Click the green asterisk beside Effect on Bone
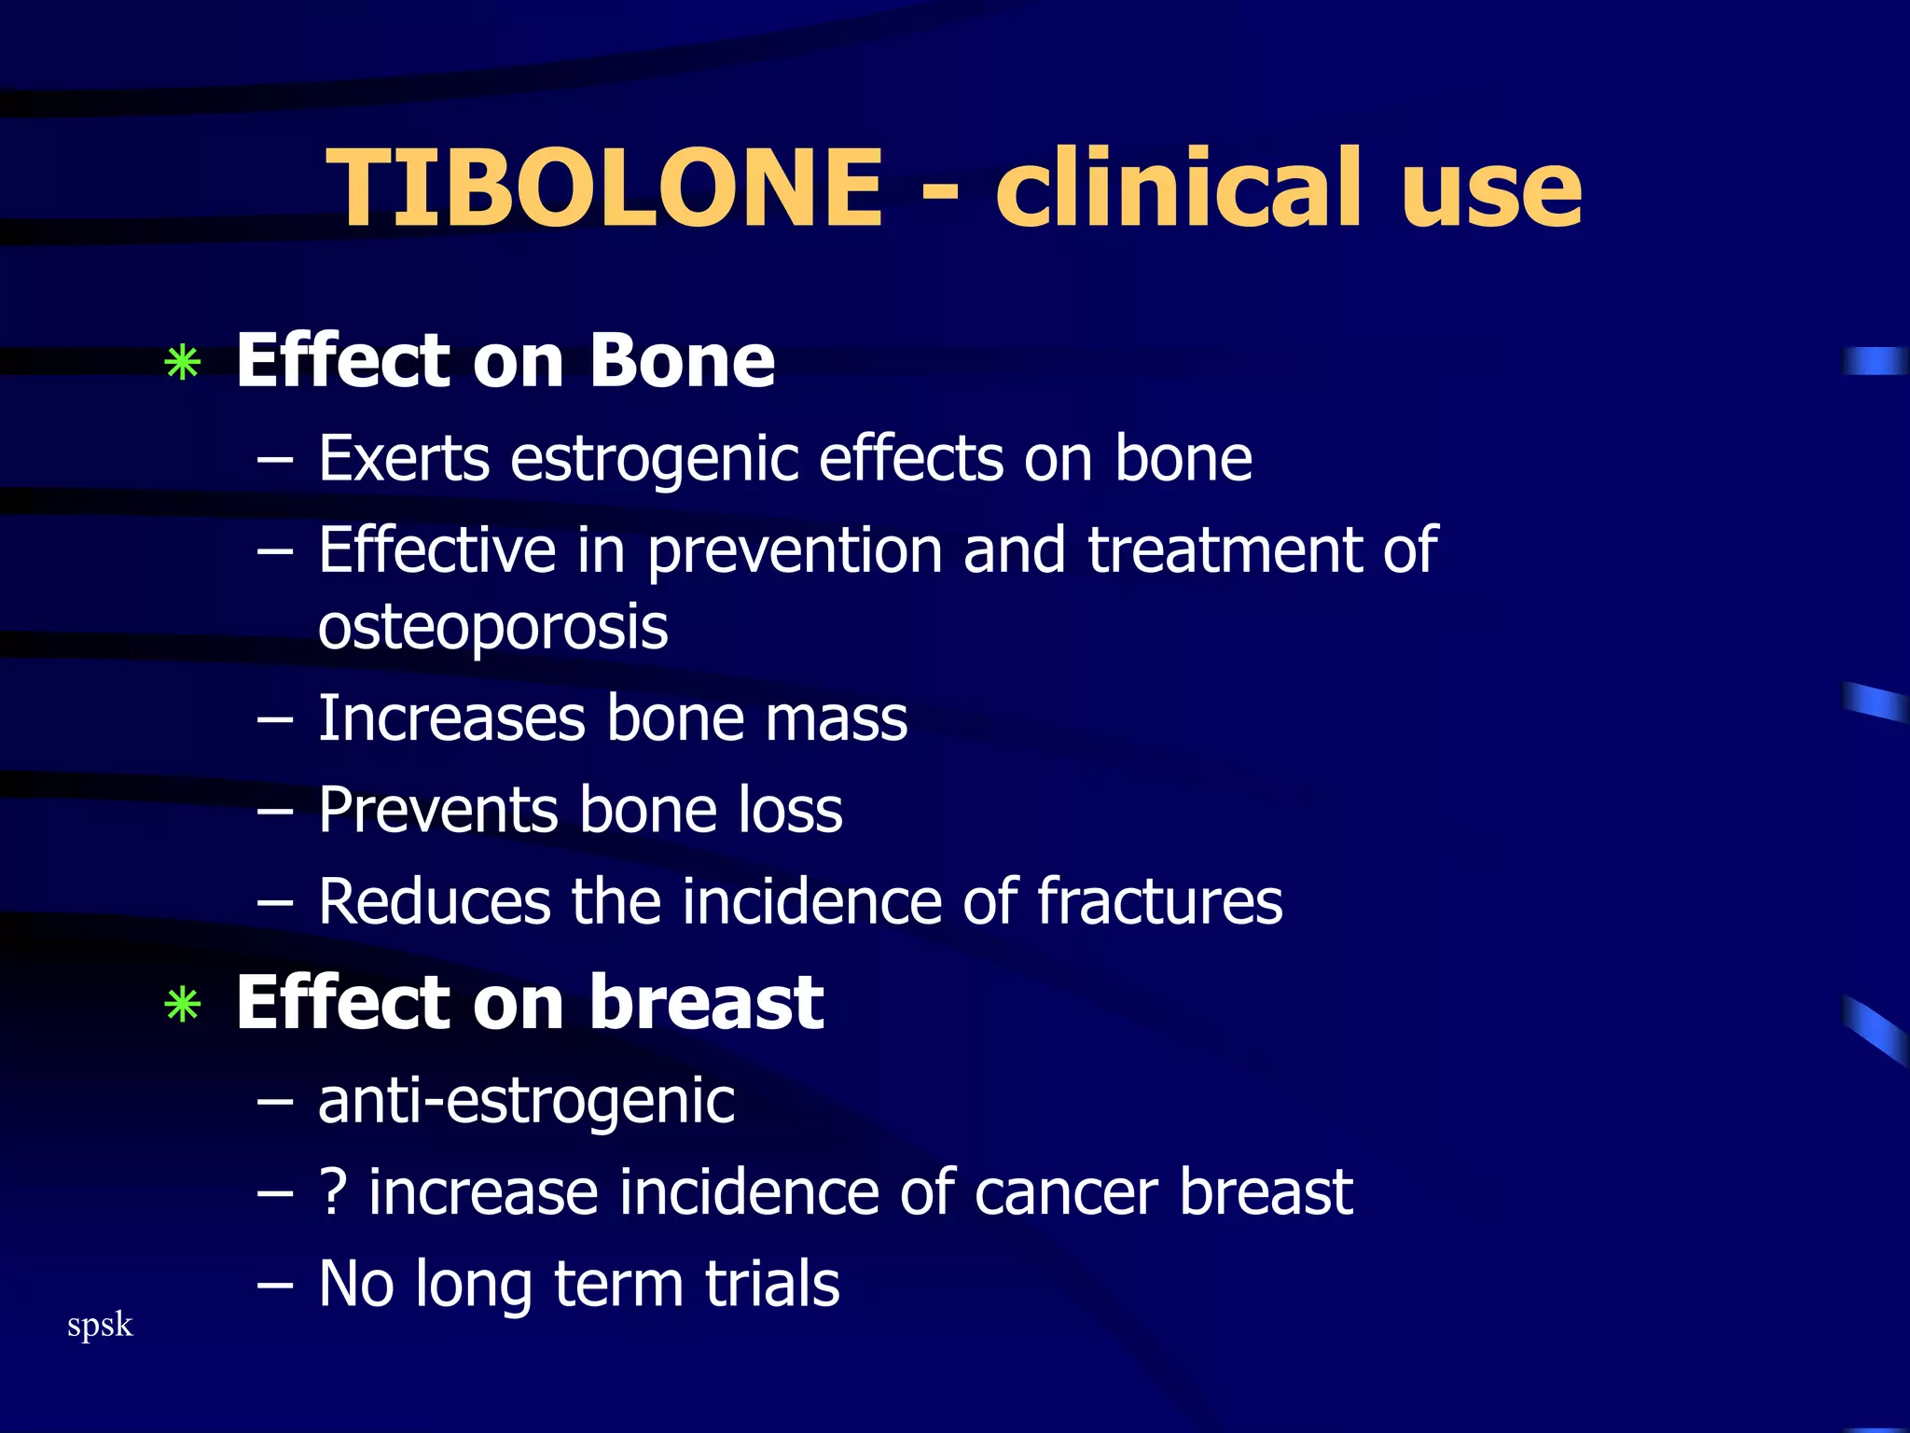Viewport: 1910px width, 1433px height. [x=183, y=364]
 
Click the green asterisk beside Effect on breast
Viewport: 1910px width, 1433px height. [x=183, y=1006]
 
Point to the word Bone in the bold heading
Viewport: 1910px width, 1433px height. [x=682, y=361]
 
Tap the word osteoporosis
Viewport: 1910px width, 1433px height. [x=492, y=626]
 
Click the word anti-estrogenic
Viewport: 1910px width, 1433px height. [x=526, y=1102]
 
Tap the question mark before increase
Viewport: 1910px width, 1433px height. [x=334, y=1192]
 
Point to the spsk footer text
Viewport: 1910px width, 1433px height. [x=100, y=1326]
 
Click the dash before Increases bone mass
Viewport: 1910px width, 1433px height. [x=275, y=720]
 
